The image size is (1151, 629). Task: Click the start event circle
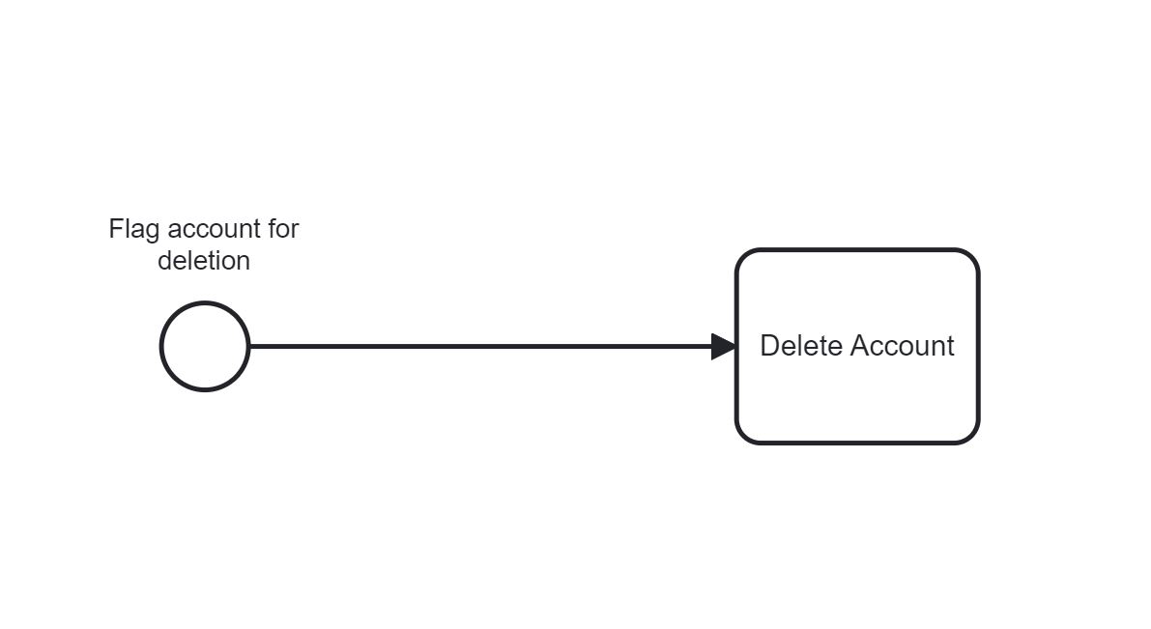pos(205,346)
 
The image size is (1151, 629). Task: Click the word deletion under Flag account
pos(204,261)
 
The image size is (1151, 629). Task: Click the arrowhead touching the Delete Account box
pos(724,346)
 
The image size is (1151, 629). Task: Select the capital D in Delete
pos(769,346)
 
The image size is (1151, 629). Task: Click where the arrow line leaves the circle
pos(250,346)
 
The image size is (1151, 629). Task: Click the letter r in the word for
pos(295,231)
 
